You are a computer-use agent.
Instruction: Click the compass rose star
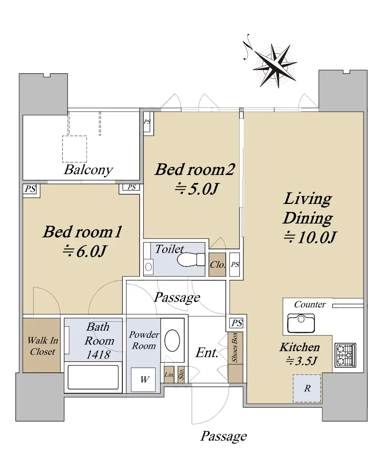275,66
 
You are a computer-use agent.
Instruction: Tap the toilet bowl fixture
191,260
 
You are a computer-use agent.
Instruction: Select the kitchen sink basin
301,323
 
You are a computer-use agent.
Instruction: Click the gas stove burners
345,355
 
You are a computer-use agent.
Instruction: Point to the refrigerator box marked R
307,388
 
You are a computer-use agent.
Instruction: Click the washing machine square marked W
143,379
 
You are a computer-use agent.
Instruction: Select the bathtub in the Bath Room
93,377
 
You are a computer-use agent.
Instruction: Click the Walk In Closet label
42,346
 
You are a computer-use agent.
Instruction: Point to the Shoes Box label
235,347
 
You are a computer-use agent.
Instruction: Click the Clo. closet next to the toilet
217,264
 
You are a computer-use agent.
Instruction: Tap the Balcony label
88,170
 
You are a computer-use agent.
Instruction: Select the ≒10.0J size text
310,237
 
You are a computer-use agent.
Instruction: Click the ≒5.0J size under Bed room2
197,188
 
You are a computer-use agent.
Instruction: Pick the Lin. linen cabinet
169,374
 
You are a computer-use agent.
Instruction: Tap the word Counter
310,305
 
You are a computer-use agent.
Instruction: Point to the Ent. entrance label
207,353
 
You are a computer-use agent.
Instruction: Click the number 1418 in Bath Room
98,355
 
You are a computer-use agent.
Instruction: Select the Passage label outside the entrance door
224,436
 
